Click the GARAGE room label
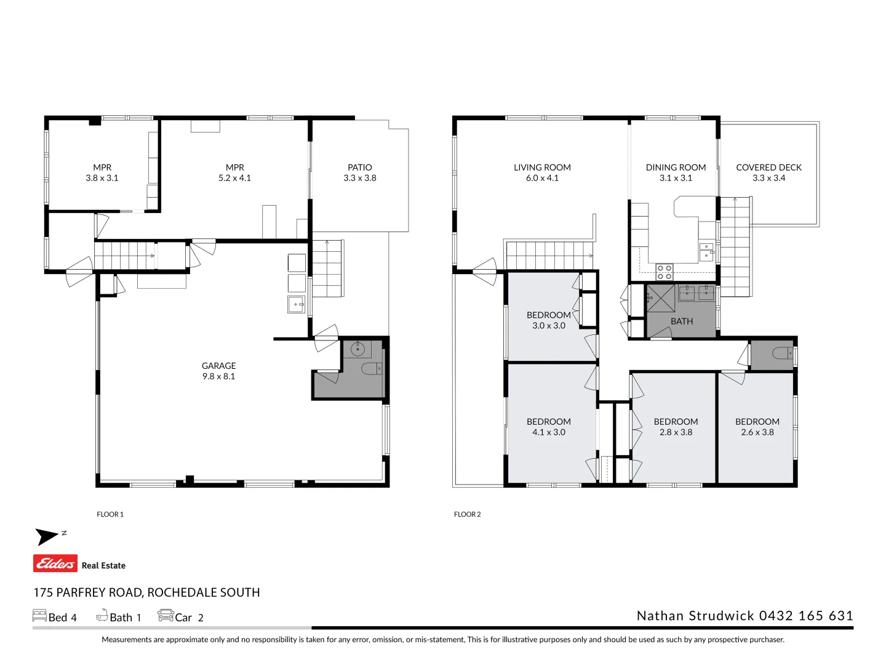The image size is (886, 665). (218, 366)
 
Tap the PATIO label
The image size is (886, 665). (360, 167)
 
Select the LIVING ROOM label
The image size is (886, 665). (542, 167)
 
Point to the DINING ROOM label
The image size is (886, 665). (676, 167)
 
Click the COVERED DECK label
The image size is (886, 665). (768, 167)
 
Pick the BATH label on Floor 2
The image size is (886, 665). (682, 321)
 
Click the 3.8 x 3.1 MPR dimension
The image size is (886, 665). (102, 178)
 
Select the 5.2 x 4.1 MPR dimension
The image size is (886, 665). (234, 178)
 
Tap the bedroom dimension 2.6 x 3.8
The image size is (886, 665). (757, 432)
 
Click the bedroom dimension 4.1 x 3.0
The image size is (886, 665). (548, 432)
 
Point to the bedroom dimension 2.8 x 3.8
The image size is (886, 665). (676, 432)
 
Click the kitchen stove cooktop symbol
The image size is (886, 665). (664, 272)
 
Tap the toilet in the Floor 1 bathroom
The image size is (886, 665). (372, 369)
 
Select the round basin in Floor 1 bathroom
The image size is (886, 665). (357, 349)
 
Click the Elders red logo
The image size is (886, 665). (55, 563)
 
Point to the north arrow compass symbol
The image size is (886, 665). (48, 536)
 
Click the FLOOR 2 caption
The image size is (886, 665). (467, 514)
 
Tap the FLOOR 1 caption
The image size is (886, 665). (110, 514)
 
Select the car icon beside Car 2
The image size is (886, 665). (166, 615)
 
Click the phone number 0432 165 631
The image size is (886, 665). (806, 616)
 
